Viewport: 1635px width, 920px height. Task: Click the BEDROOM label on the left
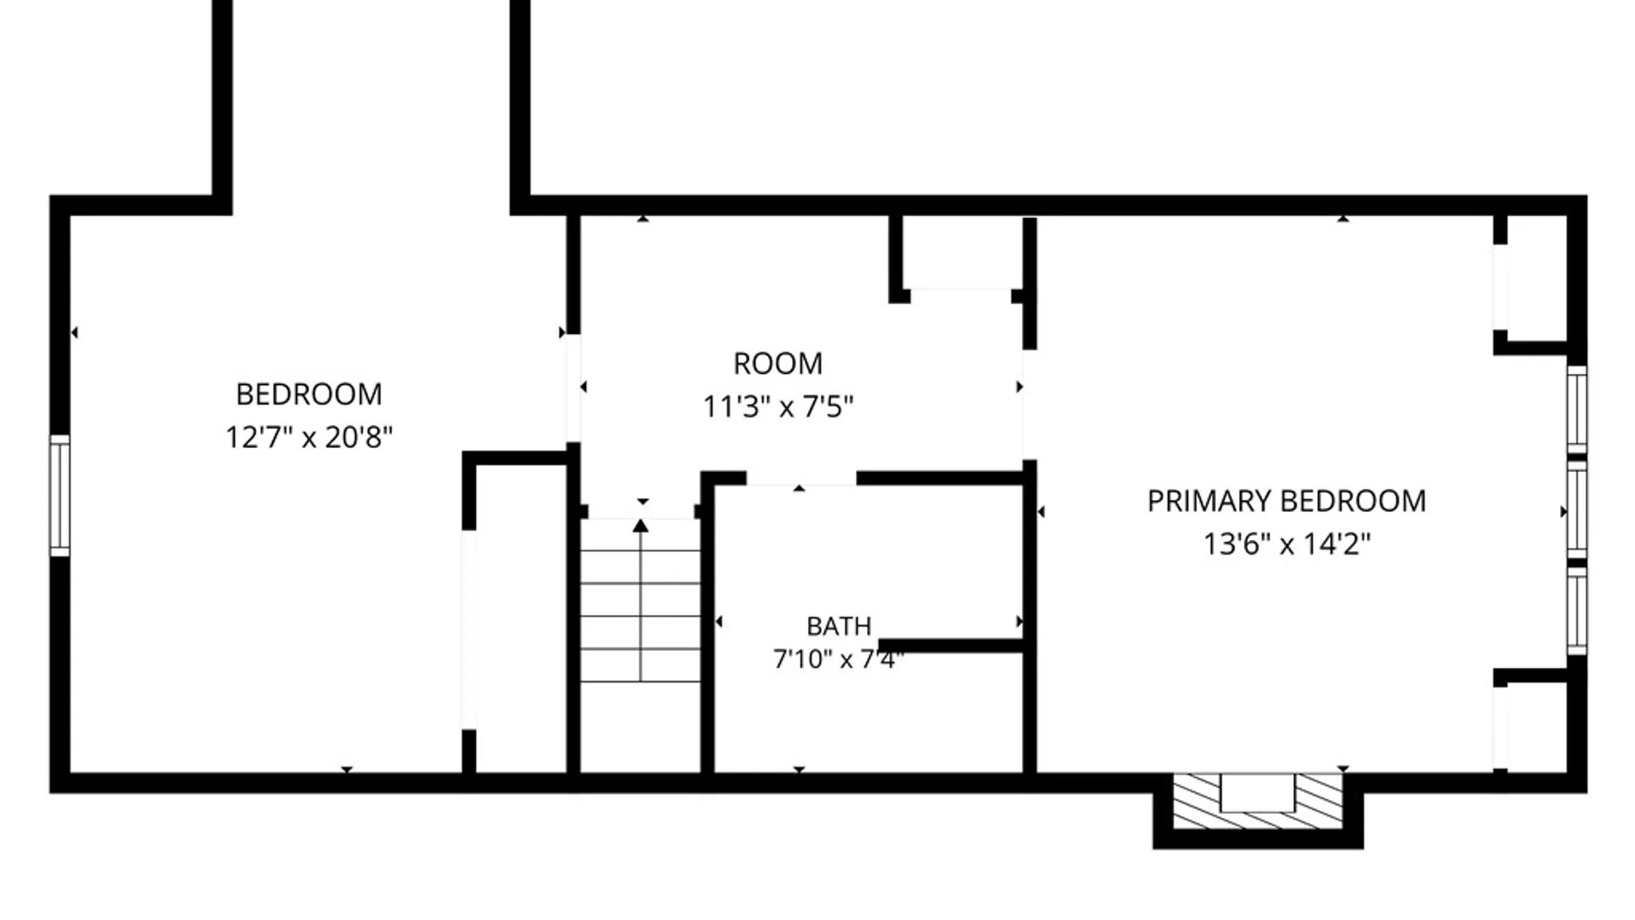(x=309, y=394)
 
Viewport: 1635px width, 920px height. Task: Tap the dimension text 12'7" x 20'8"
(x=309, y=438)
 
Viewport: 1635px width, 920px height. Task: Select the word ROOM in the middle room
(x=778, y=364)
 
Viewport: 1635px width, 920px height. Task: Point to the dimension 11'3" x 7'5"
(x=778, y=407)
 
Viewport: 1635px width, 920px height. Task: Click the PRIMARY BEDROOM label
(x=1287, y=501)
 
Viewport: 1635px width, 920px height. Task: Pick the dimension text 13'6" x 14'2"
(x=1287, y=544)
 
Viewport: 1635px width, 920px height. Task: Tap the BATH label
(x=839, y=627)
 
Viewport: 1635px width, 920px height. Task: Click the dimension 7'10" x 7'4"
(x=839, y=659)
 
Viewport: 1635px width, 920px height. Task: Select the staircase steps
(x=640, y=616)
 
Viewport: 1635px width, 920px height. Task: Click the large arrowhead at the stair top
(x=640, y=526)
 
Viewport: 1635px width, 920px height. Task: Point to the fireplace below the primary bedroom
(x=1258, y=802)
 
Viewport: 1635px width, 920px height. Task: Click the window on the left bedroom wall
(x=60, y=496)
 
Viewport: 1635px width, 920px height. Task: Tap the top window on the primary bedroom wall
(x=1577, y=410)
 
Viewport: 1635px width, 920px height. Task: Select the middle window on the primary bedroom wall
(x=1577, y=510)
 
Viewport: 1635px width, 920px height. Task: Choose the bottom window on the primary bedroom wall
(x=1577, y=611)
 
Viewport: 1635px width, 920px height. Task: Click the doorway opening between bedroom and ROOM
(x=573, y=388)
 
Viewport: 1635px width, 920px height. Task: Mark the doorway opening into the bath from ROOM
(x=801, y=479)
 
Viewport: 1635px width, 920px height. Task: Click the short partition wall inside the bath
(x=950, y=647)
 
